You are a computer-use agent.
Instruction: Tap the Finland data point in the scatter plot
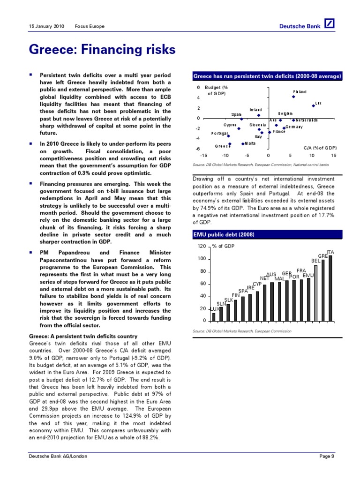point(293,97)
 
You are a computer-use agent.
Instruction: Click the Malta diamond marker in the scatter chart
point(243,143)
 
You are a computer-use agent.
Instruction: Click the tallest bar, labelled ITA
point(330,288)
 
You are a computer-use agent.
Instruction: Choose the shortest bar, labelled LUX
point(214,316)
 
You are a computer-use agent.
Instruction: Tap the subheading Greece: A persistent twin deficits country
point(83,336)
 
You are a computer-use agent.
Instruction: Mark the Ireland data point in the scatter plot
point(258,115)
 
